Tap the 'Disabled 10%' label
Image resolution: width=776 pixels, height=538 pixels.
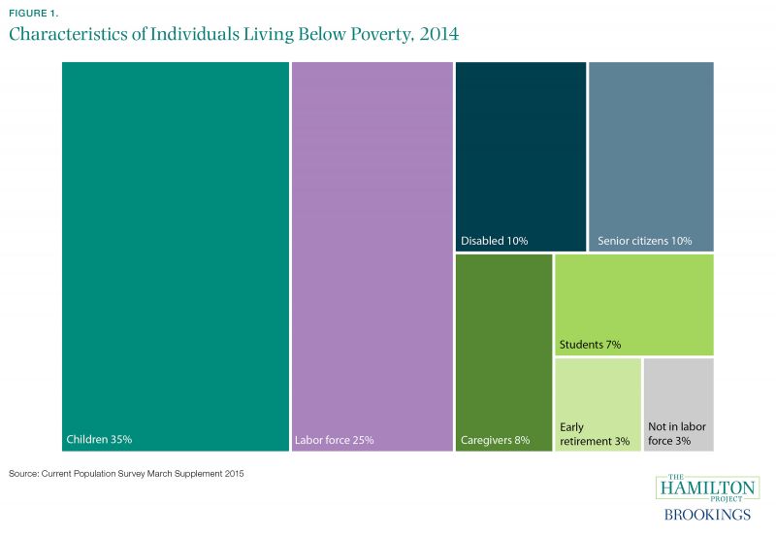pyautogui.click(x=494, y=241)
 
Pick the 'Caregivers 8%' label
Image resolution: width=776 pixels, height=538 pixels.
pyautogui.click(x=495, y=441)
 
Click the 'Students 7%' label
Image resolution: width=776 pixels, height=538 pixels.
pyautogui.click(x=590, y=345)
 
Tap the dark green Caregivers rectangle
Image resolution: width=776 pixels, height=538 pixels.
pyautogui.click(x=503, y=340)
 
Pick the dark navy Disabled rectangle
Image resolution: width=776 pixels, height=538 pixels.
pyautogui.click(x=520, y=146)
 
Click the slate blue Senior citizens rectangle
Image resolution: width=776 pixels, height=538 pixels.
pyautogui.click(x=651, y=146)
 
